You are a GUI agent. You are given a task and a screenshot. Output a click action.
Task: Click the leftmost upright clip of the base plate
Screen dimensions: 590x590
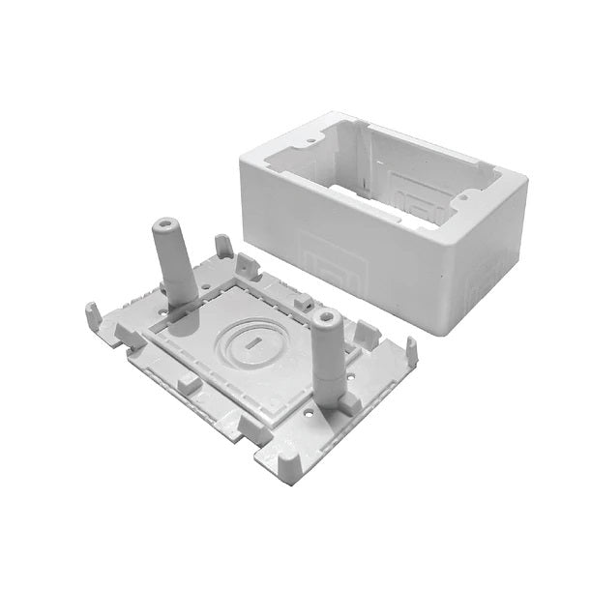[92, 313]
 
